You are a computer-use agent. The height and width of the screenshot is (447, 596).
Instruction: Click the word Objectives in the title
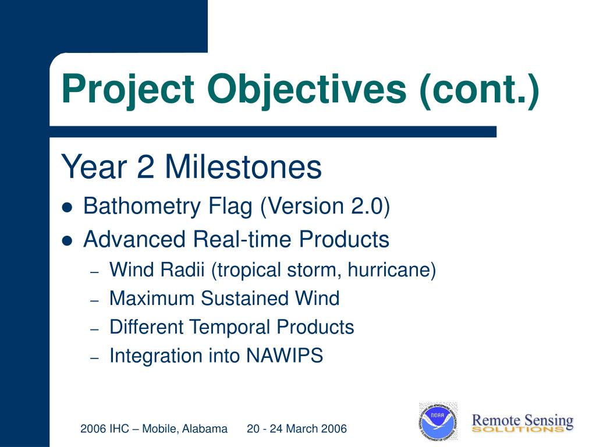307,89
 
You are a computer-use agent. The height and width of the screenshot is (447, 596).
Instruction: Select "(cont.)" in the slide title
480,90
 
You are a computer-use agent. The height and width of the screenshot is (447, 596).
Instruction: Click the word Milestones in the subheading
243,166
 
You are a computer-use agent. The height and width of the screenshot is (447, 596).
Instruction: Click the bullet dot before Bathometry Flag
67,208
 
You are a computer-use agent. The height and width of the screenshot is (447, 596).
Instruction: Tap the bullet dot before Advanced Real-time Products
67,241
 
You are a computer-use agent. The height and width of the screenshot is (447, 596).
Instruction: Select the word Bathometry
142,207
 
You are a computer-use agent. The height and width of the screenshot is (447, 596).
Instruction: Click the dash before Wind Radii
95,272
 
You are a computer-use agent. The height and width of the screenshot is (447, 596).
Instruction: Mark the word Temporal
229,327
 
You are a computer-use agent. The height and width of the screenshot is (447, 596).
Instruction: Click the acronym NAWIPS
285,356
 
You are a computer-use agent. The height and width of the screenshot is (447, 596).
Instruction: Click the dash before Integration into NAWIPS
95,358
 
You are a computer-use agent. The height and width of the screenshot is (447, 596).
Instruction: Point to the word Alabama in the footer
204,429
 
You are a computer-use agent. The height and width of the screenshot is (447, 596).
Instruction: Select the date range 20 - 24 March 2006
297,429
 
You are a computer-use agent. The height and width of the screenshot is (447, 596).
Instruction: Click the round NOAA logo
438,421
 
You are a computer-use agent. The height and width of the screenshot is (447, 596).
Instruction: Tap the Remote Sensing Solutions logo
522,423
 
